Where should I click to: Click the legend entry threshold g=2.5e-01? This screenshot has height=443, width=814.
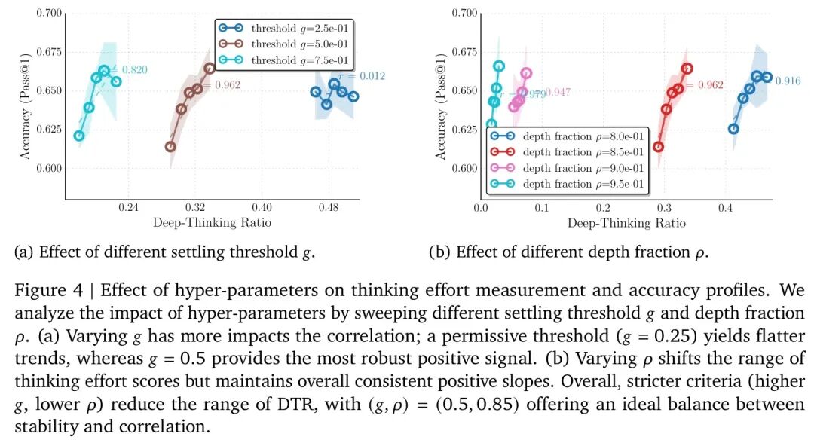[287, 29]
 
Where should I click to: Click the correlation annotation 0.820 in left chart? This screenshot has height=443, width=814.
[133, 70]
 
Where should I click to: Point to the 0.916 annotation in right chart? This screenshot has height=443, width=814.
[788, 81]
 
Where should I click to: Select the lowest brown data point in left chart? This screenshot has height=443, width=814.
[170, 147]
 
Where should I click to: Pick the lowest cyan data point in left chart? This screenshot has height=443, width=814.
[79, 136]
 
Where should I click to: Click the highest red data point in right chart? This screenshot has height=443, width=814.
[687, 69]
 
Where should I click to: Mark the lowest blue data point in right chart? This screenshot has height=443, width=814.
[733, 129]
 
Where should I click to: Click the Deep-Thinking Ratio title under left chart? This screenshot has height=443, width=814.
[212, 222]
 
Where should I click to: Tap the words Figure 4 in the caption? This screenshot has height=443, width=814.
[42, 290]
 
